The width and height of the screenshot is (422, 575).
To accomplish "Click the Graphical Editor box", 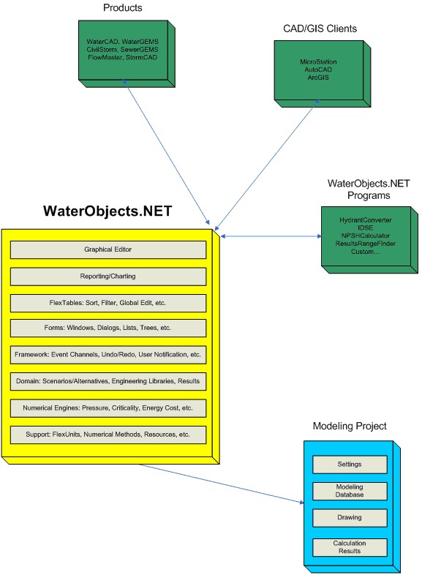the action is [108, 249].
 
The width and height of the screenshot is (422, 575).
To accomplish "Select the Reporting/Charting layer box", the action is [108, 277].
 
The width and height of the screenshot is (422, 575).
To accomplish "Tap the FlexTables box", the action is [108, 304].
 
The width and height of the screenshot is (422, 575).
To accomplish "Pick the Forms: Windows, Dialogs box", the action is [108, 328].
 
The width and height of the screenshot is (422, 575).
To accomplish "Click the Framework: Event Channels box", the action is [108, 355].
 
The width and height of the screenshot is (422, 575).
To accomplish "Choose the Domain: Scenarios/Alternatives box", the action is [108, 382].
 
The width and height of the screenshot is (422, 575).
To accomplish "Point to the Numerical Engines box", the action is [108, 408].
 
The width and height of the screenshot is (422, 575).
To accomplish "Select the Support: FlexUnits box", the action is [108, 435].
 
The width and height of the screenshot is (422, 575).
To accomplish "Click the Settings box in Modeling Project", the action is [350, 465].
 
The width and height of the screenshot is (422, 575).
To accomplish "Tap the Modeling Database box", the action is [350, 492].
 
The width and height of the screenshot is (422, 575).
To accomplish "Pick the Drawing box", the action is [350, 518].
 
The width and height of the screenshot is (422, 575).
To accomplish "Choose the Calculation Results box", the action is [350, 547].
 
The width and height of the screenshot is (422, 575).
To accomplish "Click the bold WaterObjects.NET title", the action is [108, 211].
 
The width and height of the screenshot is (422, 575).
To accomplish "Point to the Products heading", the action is [122, 8].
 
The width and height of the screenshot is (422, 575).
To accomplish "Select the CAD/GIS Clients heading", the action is [320, 29].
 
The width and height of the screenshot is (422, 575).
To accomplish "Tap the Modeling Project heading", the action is [350, 426].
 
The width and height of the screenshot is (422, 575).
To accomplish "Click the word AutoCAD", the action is [318, 69].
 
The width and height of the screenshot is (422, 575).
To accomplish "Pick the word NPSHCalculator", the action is [366, 236].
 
